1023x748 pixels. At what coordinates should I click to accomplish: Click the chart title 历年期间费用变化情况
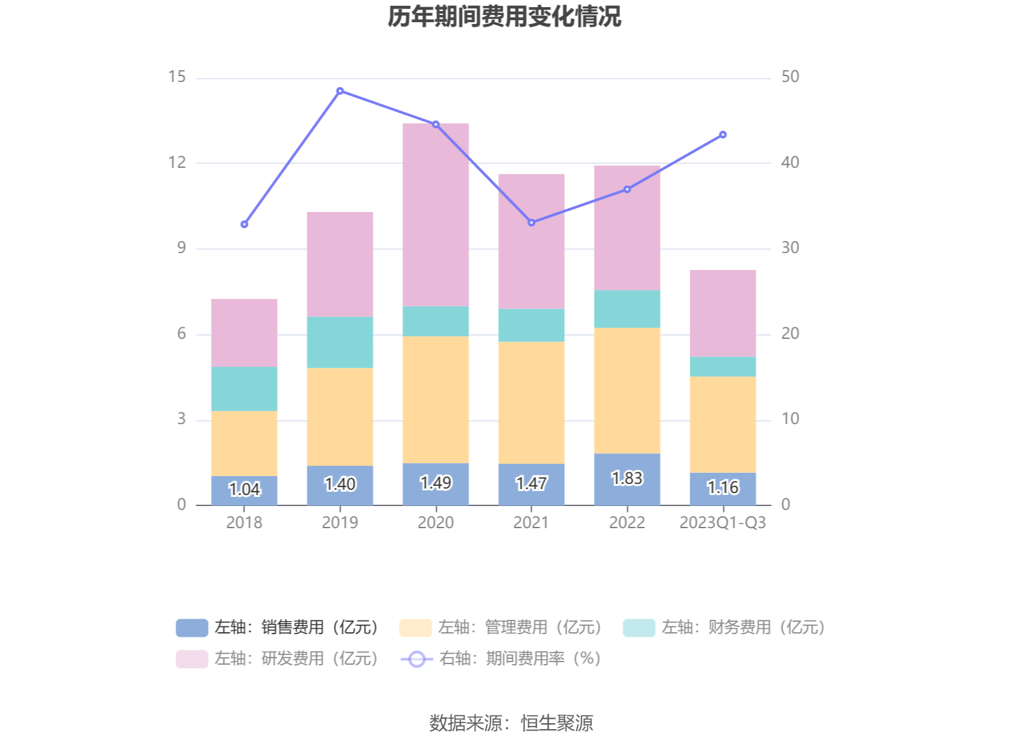(x=504, y=17)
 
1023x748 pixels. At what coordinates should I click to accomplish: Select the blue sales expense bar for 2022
(x=627, y=479)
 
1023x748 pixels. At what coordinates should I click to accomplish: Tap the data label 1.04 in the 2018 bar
(x=244, y=489)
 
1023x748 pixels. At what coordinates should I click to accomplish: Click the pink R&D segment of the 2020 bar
(x=435, y=215)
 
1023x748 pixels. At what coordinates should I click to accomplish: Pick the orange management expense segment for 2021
(x=531, y=403)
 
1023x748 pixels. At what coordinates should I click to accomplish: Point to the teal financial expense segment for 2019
(x=340, y=342)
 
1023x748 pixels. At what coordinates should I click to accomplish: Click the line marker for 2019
(x=340, y=91)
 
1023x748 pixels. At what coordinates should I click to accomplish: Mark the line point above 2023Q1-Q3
(x=723, y=135)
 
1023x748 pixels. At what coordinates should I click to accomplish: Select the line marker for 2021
(x=532, y=222)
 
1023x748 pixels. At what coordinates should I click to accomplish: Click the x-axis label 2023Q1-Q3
(x=723, y=522)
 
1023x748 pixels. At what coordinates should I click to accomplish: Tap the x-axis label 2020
(x=435, y=522)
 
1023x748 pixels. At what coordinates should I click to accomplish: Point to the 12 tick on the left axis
(x=177, y=163)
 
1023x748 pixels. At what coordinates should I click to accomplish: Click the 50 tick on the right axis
(x=790, y=77)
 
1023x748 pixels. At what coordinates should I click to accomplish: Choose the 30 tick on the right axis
(x=790, y=248)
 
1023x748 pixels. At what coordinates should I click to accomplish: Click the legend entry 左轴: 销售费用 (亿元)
(x=278, y=627)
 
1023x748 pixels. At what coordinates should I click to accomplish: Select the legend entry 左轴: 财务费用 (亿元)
(x=724, y=627)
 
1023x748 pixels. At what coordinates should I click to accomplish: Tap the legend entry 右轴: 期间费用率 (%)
(x=501, y=659)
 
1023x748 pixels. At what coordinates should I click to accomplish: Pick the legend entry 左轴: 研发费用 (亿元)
(x=278, y=659)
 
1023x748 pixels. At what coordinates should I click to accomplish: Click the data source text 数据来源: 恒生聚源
(x=511, y=723)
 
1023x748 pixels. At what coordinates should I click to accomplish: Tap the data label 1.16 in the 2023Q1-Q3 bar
(x=723, y=487)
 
